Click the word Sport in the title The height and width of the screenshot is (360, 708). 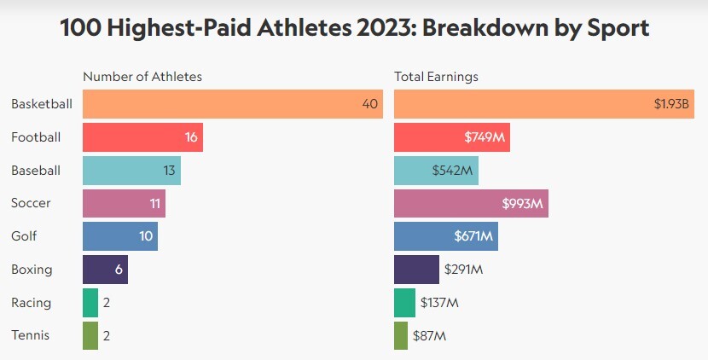611,27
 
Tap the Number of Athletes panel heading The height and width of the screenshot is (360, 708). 142,77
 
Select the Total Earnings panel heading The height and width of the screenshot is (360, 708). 436,77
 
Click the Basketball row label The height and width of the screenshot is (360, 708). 41,104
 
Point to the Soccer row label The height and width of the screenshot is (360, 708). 31,203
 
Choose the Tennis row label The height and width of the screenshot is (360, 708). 31,335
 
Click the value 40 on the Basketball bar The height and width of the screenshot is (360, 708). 369,104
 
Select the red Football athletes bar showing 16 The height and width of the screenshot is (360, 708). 142,137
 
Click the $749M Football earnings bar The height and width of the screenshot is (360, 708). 452,137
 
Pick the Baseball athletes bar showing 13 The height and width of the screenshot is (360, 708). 131,171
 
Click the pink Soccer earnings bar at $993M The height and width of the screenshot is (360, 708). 471,203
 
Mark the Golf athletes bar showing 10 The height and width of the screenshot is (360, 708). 120,236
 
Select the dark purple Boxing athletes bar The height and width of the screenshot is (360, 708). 105,270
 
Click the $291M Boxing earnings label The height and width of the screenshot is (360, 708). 464,270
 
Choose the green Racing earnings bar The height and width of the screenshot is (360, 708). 404,303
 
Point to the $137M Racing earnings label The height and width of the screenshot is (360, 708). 440,303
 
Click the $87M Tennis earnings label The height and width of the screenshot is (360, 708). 430,335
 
